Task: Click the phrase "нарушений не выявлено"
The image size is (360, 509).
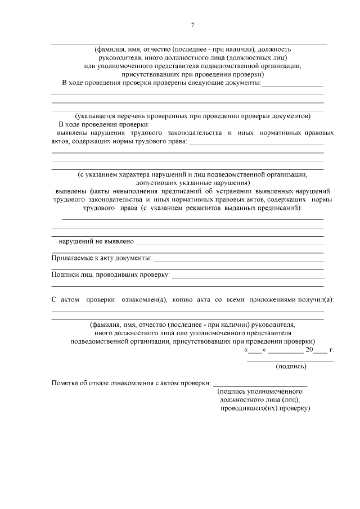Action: click(x=96, y=241)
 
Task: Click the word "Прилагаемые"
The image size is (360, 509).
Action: click(x=74, y=258)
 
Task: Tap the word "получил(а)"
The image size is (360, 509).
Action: click(x=316, y=300)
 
